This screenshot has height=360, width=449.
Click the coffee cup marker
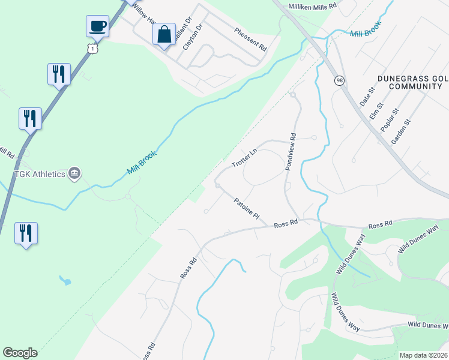tap(97, 26)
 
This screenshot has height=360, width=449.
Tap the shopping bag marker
tap(164, 34)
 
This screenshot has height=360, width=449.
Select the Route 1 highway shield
tap(91, 47)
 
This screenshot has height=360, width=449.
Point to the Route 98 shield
tap(340, 80)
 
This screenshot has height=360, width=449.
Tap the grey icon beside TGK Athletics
tap(74, 173)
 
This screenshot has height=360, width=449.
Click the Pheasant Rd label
tap(250, 39)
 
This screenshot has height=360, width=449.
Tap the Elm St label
tap(376, 110)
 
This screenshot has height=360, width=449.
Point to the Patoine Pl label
tap(247, 208)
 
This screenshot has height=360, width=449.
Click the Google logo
tap(20, 353)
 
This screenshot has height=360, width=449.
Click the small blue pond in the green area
tap(65, 280)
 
